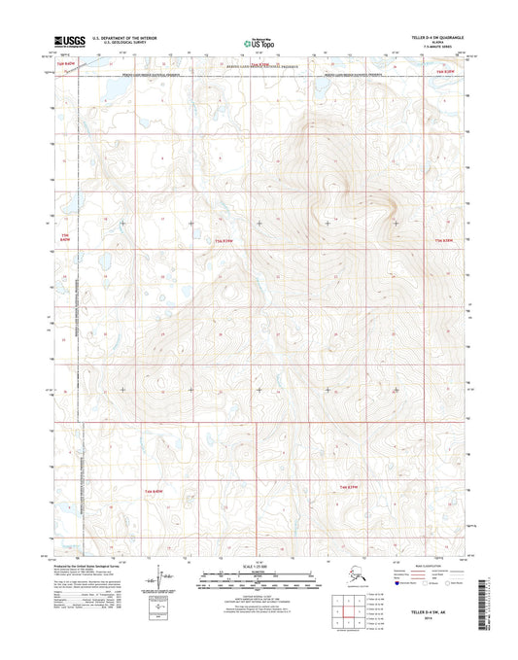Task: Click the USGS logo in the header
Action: tap(70, 43)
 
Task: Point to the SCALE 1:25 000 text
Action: tap(258, 566)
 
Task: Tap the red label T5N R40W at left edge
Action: tap(66, 239)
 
